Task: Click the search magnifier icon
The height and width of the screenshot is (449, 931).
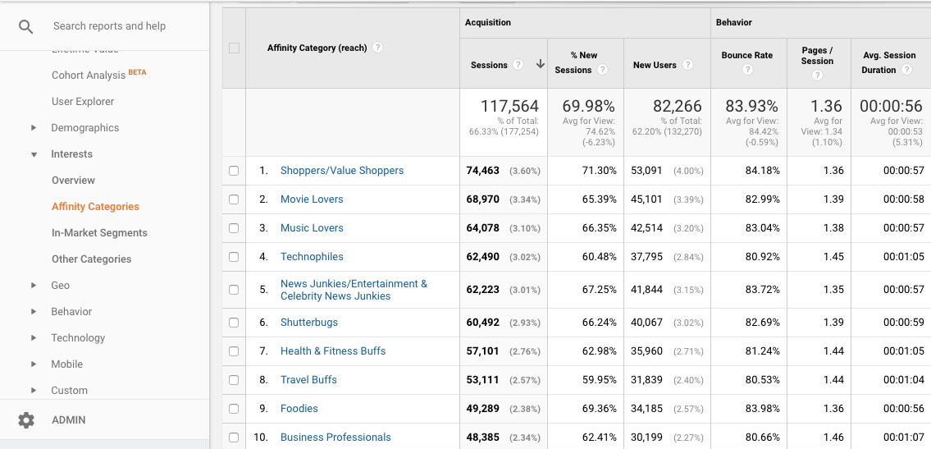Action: coord(26,26)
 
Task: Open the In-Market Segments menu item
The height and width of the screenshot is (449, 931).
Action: coord(99,233)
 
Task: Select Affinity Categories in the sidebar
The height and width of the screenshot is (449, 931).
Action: coord(95,207)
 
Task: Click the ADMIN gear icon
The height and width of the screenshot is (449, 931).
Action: coord(26,420)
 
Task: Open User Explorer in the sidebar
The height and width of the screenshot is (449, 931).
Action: coord(83,102)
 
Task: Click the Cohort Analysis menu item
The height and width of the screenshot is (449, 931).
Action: coord(89,76)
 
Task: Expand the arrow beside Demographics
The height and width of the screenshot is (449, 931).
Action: coord(34,128)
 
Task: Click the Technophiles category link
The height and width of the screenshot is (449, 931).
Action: coord(312,257)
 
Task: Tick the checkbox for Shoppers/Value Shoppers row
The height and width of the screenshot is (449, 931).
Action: coord(234,171)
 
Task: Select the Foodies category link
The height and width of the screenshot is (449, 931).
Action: coord(299,409)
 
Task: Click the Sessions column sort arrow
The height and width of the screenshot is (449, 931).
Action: coord(541,64)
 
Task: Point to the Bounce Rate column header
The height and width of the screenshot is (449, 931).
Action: coord(746,56)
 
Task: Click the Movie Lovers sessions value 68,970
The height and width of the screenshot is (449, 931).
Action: coord(483,199)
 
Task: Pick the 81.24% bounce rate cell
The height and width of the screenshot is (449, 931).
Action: coord(762,351)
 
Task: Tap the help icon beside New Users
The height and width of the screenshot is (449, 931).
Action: coord(687,65)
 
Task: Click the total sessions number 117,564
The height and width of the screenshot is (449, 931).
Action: coord(509,106)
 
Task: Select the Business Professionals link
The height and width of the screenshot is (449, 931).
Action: coord(335,438)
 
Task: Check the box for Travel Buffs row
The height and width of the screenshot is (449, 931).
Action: coord(234,380)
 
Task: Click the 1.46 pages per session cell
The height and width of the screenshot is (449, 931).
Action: coord(833,438)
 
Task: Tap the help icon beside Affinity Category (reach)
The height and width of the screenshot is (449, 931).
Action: coord(377,48)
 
